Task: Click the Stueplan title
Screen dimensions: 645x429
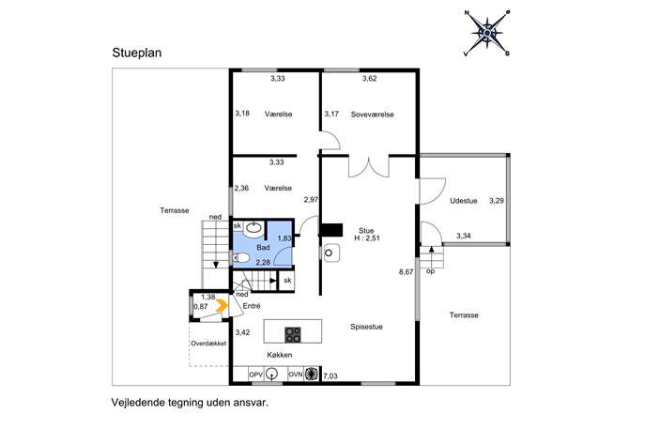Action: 137,54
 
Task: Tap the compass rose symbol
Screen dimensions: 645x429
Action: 487,33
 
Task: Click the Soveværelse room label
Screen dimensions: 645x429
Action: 373,115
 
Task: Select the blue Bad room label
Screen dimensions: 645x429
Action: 263,247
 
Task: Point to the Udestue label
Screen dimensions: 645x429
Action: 464,201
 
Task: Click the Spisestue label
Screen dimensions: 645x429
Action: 366,327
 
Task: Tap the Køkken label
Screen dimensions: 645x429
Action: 279,355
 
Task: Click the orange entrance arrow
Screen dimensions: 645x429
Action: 222,305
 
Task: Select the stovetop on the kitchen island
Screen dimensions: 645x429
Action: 293,334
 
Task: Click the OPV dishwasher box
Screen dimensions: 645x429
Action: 255,375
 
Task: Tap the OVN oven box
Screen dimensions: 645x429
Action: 296,375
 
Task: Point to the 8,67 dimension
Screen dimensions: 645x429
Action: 406,272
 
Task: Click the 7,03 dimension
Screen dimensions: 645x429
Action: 330,375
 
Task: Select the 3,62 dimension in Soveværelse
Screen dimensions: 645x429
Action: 369,78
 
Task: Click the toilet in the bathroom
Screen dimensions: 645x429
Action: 241,258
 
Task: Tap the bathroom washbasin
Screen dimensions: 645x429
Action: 253,228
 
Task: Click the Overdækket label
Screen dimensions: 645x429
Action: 208,344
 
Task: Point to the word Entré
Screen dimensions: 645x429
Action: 252,306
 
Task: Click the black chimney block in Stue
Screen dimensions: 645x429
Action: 331,230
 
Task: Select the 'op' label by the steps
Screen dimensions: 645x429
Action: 430,271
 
